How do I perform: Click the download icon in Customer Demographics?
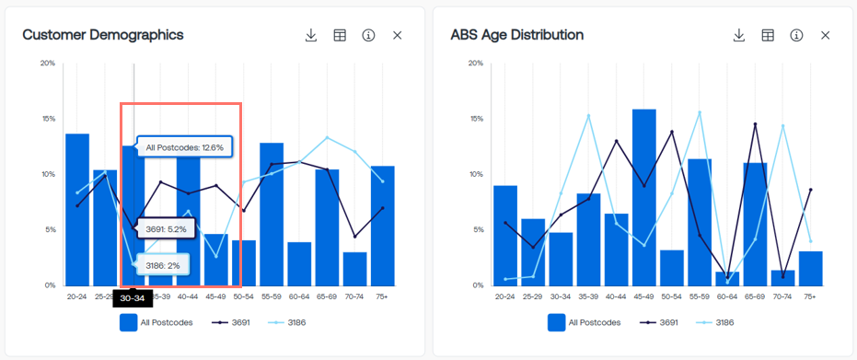[311, 36]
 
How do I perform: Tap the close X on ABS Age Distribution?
[826, 36]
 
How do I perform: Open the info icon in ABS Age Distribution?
[796, 36]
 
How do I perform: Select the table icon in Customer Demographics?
[340, 36]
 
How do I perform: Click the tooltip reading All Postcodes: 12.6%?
[185, 147]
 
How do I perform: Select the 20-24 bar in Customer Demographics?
[77, 210]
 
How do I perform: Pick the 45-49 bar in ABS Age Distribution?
[643, 197]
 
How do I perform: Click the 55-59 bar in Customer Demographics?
[272, 215]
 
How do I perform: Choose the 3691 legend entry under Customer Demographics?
[230, 322]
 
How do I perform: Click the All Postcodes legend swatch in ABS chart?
[556, 322]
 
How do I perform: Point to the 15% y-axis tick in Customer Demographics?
[48, 119]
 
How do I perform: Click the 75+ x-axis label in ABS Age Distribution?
[810, 296]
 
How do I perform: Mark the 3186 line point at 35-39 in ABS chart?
[588, 115]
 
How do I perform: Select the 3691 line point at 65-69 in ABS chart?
[755, 124]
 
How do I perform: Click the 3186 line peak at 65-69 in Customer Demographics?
[327, 138]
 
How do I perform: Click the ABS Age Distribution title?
[517, 35]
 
